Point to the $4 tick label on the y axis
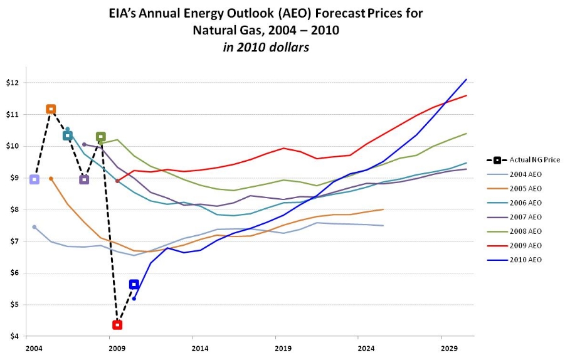pyautogui.click(x=14, y=336)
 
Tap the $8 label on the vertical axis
pyautogui.click(x=14, y=209)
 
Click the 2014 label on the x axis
pyautogui.click(x=200, y=347)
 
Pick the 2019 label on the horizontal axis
pyautogui.click(x=283, y=347)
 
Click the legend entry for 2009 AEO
pyautogui.click(x=525, y=245)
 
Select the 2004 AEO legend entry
pyautogui.click(x=525, y=174)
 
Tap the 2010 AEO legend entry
pyautogui.click(x=525, y=260)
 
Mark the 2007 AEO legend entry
pyautogui.click(x=525, y=217)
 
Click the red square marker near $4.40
pyautogui.click(x=117, y=325)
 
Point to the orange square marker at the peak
pyautogui.click(x=51, y=109)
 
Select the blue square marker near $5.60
pyautogui.click(x=134, y=284)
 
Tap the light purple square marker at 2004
pyautogui.click(x=34, y=179)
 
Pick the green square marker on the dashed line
pyautogui.click(x=100, y=137)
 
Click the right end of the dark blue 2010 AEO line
pyautogui.click(x=466, y=80)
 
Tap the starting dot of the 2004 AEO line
pyautogui.click(x=34, y=227)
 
